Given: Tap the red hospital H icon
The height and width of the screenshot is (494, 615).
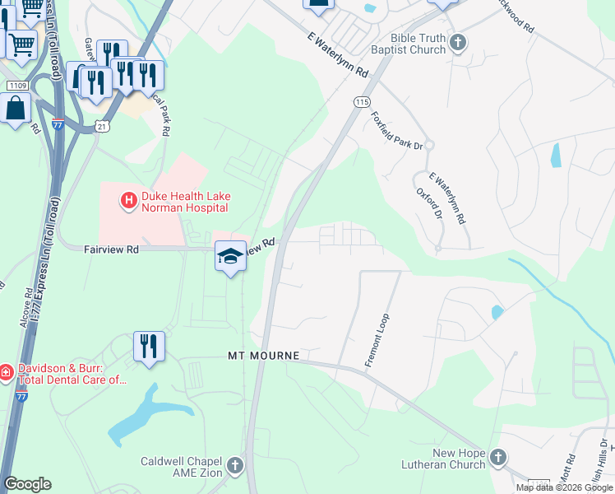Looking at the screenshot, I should point(128,199).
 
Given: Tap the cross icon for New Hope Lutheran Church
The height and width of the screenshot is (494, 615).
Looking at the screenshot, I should point(497,457).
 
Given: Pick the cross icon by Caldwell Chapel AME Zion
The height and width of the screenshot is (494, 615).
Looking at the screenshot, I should point(235,466).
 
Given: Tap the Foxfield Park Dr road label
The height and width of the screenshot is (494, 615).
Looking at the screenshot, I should point(396,131).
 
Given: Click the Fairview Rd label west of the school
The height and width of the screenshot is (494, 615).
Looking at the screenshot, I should point(111,248).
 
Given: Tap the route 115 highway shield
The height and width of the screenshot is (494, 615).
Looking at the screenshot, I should point(362,101).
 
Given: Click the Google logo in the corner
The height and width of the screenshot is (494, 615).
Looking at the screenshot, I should point(28,484).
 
